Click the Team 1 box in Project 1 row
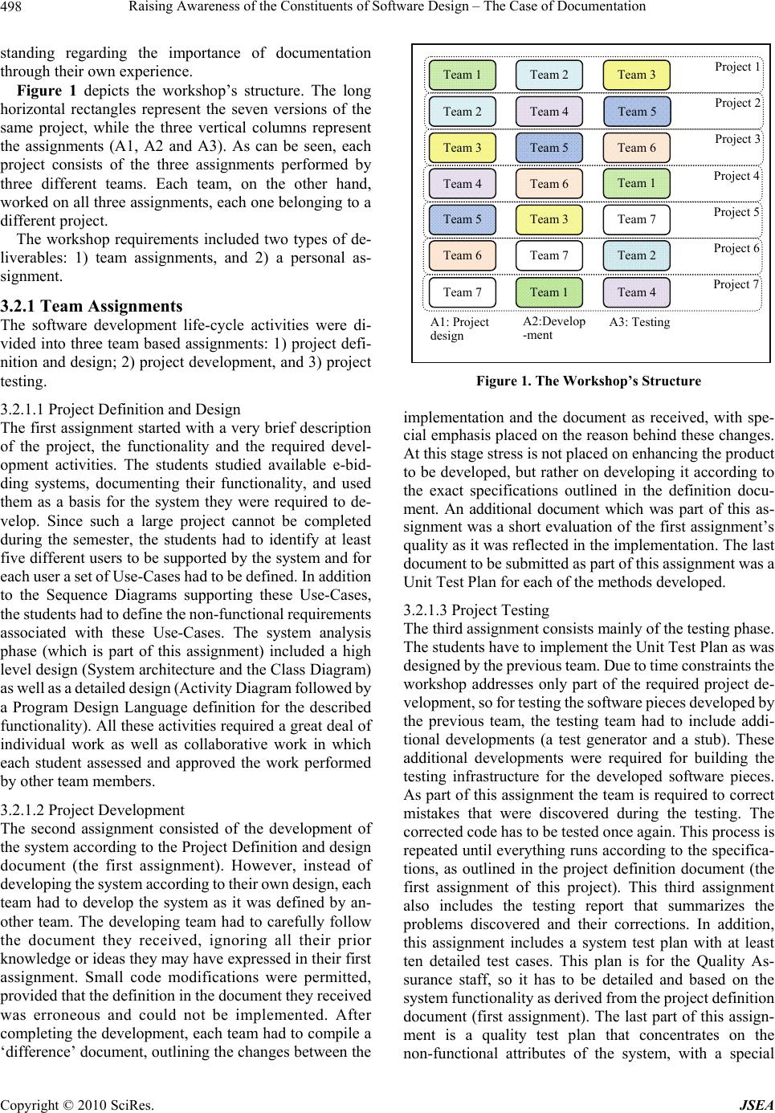click(462, 75)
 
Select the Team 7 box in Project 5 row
click(636, 219)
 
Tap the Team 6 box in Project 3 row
click(636, 147)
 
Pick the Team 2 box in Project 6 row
click(636, 255)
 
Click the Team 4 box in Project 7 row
click(636, 291)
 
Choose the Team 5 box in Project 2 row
click(636, 111)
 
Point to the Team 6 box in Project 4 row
click(549, 183)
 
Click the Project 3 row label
click(737, 139)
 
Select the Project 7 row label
click(737, 284)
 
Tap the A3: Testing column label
click(639, 322)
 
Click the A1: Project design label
click(459, 328)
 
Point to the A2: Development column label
click(553, 328)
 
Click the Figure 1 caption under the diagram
click(588, 381)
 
